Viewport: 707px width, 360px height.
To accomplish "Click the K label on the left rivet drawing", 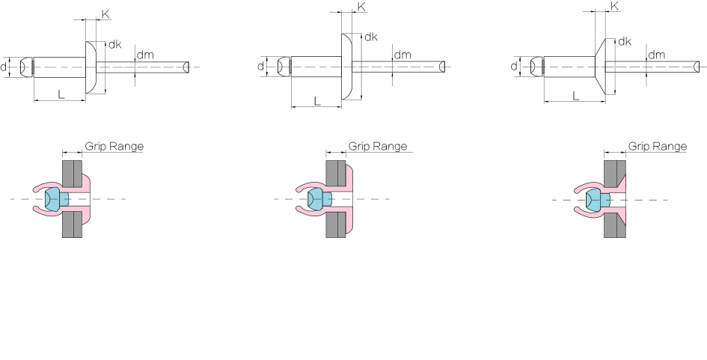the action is point(105,14).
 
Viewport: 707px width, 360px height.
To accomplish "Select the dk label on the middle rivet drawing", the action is point(370,37).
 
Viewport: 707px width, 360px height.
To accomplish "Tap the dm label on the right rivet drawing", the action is point(656,55).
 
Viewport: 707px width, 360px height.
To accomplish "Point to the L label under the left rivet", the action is point(61,94).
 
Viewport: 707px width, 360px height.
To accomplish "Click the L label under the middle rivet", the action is point(317,101).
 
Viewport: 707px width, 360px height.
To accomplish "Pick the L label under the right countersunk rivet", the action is point(575,96).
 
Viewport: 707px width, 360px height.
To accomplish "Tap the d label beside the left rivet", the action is point(4,67).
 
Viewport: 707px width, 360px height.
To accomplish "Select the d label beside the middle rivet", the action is point(260,67).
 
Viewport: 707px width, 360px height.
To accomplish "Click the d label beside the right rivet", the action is point(514,67).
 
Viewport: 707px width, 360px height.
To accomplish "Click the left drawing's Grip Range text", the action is point(114,147).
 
